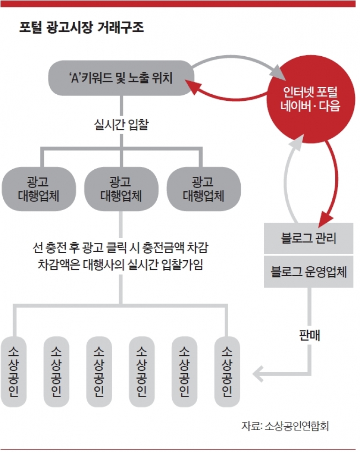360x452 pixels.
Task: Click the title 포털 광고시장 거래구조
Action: click(81, 27)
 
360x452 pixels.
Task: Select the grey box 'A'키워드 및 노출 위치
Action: click(121, 78)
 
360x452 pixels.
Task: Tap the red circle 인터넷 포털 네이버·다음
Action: click(310, 99)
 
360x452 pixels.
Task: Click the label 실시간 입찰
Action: click(121, 125)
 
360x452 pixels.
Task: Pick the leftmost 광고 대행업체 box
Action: click(39, 189)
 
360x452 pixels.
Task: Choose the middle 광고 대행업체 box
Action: click(121, 189)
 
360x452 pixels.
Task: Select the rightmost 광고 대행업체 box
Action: click(204, 189)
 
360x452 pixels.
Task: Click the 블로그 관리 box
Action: click(309, 238)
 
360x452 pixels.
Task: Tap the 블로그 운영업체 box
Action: click(309, 271)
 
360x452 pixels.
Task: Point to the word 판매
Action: click(309, 335)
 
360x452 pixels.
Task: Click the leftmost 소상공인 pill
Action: click(14, 371)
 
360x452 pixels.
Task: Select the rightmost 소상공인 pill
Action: click(227, 371)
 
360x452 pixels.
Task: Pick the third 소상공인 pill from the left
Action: click(99, 371)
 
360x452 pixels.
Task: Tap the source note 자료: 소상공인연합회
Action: click(285, 426)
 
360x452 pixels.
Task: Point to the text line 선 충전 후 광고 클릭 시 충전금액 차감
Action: click(121, 248)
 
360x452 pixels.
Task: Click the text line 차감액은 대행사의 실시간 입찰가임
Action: click(121, 264)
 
